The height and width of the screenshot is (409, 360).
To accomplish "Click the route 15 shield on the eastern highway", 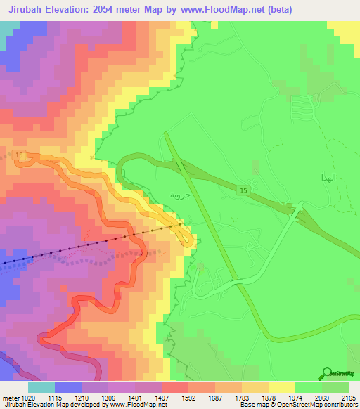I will (x=243, y=191).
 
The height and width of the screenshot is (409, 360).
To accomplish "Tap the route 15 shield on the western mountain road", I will (x=18, y=154).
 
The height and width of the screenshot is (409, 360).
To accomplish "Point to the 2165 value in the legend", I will (x=349, y=397).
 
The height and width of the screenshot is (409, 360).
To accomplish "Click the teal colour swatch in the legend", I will (x=41, y=387).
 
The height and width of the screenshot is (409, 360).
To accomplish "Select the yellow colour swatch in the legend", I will (x=281, y=387).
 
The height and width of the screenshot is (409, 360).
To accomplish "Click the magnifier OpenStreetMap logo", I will (x=328, y=373).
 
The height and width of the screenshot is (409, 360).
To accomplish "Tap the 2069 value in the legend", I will (x=322, y=397).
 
